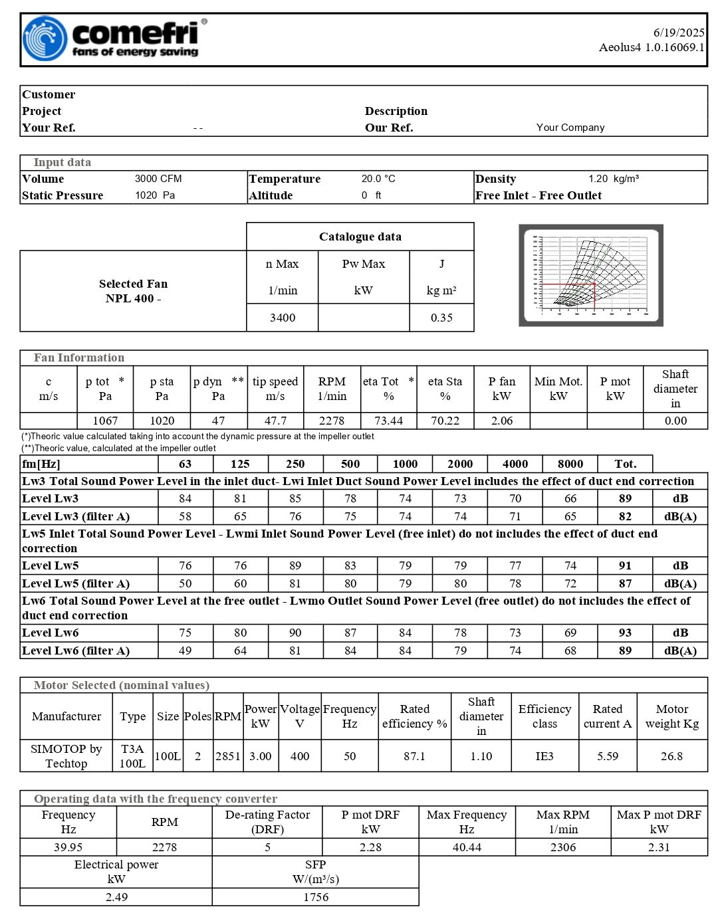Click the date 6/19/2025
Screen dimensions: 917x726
point(678,32)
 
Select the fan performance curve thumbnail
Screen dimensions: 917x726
point(590,275)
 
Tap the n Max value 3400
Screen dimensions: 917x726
point(283,318)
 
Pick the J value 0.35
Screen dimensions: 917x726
point(441,318)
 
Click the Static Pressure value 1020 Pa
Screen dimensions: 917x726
point(155,195)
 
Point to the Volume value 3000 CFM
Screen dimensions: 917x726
point(158,179)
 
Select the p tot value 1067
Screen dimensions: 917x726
point(105,421)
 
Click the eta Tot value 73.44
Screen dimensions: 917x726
point(389,421)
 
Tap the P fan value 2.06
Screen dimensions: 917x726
point(502,421)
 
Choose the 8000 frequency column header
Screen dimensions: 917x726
point(570,464)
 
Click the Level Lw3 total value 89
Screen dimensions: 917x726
point(625,498)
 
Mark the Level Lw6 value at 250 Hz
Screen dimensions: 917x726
point(295,633)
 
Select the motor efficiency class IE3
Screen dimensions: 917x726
point(544,756)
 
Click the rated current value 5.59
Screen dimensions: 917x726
point(608,756)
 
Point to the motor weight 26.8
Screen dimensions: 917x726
point(671,756)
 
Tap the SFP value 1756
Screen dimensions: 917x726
point(316,897)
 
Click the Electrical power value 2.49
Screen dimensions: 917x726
point(116,897)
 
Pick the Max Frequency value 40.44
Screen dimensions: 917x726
point(467,847)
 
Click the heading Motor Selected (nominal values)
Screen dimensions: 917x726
point(122,685)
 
